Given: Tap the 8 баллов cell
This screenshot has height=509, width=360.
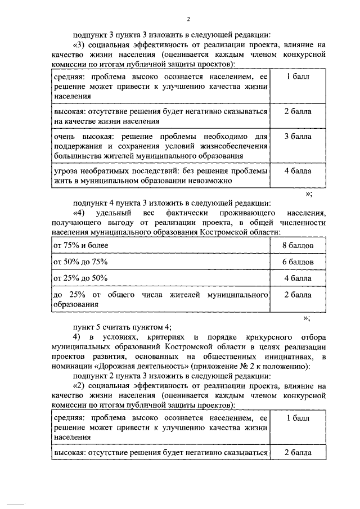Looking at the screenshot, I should coord(298,246).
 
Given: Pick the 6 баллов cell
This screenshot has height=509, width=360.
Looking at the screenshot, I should coord(298,262).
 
